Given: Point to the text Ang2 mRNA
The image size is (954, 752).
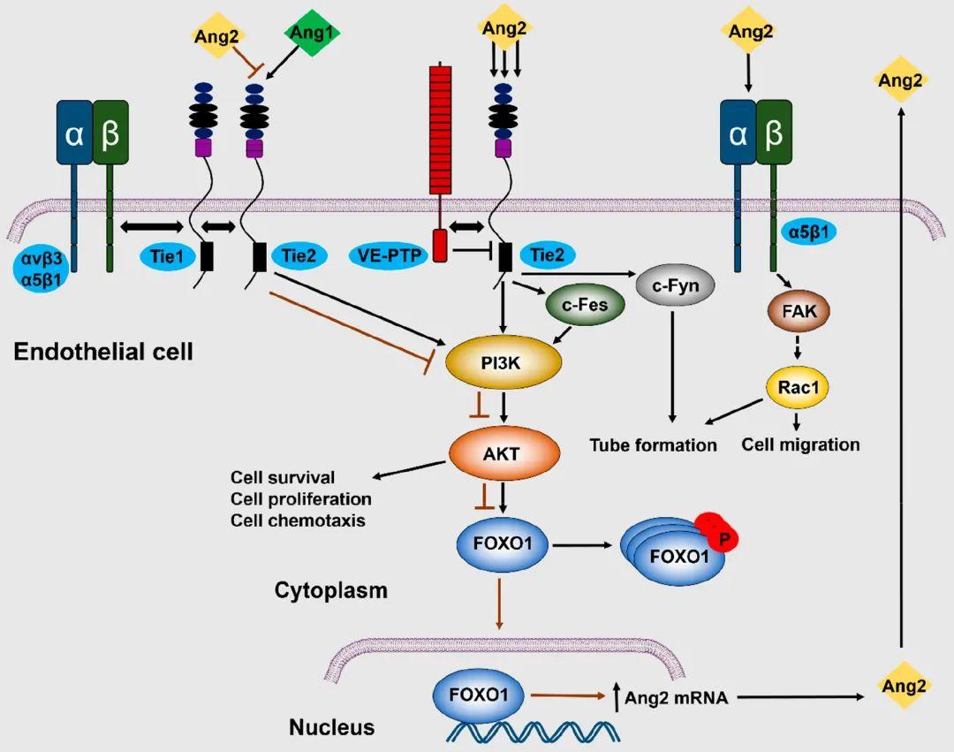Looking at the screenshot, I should [676, 698].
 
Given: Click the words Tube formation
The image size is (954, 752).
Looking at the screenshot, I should [653, 444].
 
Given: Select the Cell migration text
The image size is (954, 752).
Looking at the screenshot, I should [800, 444].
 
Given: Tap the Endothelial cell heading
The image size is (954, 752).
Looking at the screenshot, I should [103, 353].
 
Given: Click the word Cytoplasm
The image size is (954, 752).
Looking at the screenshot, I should [330, 589].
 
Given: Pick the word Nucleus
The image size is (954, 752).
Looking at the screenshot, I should [332, 728].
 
